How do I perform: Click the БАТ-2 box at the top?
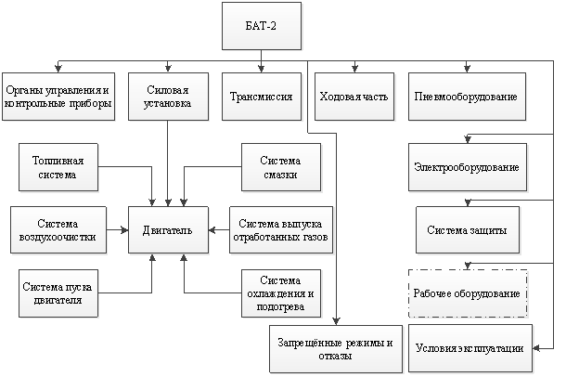(262, 26)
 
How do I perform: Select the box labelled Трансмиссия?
(262, 97)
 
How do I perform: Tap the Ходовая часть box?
(354, 97)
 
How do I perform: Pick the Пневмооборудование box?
(467, 97)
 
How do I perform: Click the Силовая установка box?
(168, 97)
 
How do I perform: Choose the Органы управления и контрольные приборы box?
(58, 97)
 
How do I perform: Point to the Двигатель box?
(168, 230)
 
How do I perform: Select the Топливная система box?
(58, 167)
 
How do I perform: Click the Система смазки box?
(281, 167)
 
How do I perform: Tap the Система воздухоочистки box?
(58, 230)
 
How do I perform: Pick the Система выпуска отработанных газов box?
(281, 230)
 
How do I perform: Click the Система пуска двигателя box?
(58, 293)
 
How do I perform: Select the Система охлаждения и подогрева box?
(281, 293)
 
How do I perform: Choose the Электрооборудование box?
(468, 167)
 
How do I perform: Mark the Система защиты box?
(468, 230)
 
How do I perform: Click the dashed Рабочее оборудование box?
(468, 293)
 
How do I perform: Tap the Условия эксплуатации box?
(470, 348)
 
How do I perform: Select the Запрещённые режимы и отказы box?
(336, 349)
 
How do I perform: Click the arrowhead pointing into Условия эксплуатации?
(536, 348)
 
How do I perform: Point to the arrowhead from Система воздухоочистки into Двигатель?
(125, 230)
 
